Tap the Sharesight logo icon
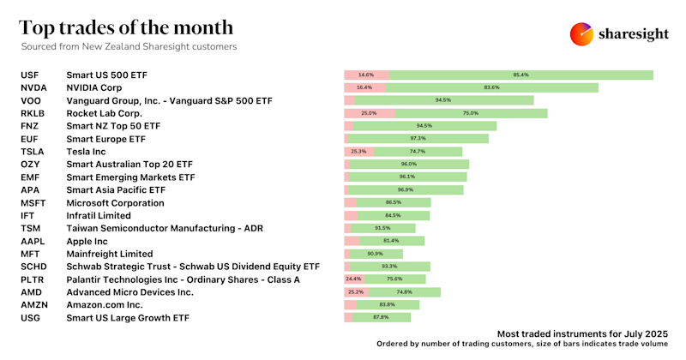click(x=582, y=34)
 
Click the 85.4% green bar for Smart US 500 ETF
click(x=521, y=75)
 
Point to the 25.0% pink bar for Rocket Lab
click(x=369, y=113)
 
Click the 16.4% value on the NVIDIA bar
click(x=364, y=87)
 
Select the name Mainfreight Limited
click(x=109, y=254)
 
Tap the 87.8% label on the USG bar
click(x=382, y=318)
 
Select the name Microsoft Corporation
click(x=115, y=203)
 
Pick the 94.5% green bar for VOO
click(x=443, y=100)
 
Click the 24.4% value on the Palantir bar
click(x=352, y=279)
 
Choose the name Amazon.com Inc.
click(x=104, y=305)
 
